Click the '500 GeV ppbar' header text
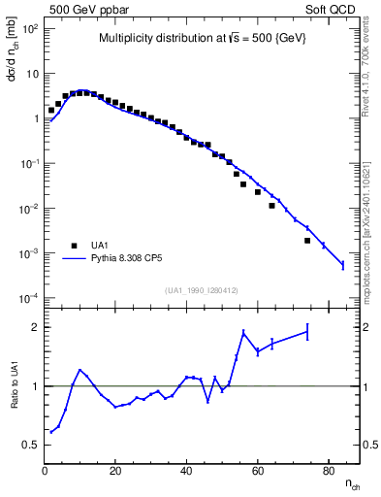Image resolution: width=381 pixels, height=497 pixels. coord(82,9)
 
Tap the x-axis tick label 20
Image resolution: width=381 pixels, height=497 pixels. coord(115,471)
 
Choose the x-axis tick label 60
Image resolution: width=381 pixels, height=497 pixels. coord(257,471)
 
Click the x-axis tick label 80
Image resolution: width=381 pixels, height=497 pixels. coord(328,471)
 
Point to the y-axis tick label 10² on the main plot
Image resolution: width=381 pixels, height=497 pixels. coord(30,28)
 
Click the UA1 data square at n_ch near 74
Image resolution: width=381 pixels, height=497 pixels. coord(307,241)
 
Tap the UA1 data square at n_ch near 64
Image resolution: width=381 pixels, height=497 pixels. coord(272,206)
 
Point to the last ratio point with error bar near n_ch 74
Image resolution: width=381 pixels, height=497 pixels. coord(307,332)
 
